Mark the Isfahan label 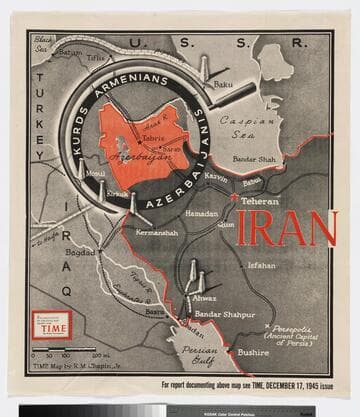tap(261, 265)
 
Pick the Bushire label tap(252, 352)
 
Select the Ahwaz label tap(203, 296)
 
